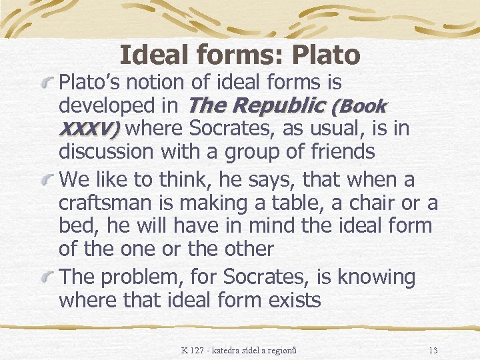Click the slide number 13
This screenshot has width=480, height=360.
tap(433, 350)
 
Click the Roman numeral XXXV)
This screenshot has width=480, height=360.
tap(89, 128)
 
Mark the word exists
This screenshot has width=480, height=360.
tap(294, 300)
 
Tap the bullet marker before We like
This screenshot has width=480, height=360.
tap(47, 181)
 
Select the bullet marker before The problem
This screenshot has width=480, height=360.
tap(47, 279)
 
